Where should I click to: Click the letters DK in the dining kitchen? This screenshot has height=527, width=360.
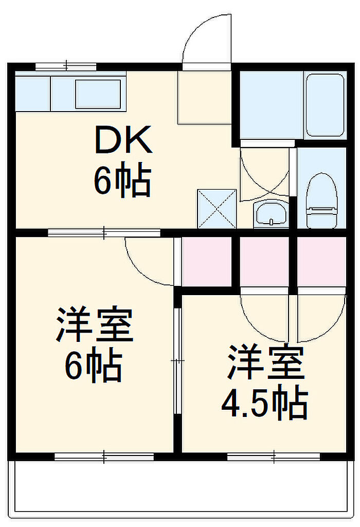pos(123,139)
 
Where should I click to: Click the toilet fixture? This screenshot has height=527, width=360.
pos(321,201)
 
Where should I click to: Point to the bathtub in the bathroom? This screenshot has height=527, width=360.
pos(325,105)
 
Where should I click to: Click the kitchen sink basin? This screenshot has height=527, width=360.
pos(98,94)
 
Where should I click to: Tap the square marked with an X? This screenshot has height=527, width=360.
pos(217,209)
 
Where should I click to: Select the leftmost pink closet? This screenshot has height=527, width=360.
pos(206,262)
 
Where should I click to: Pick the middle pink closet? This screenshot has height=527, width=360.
pos(264,262)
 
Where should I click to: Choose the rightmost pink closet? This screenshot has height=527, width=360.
pos(321,262)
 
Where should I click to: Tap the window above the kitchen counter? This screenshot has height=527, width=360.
pos(66,66)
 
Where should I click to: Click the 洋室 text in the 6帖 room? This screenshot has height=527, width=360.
pos(95,324)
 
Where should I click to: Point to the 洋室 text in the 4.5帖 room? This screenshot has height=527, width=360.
pos(266,361)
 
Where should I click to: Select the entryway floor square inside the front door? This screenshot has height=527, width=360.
pos(204,97)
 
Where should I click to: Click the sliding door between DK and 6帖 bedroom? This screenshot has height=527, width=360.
pos(104,232)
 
